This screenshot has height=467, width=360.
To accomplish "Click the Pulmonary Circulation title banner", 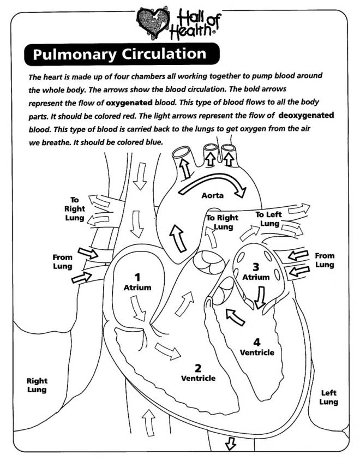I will point(121,55).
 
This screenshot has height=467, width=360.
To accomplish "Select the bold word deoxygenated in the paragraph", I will point(306,116).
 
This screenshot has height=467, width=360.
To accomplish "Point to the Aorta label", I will point(212,195).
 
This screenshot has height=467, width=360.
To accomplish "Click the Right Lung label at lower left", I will point(37,385).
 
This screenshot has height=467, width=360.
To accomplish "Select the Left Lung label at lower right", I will point(329,397).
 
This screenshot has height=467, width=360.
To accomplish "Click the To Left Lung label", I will point(269,219).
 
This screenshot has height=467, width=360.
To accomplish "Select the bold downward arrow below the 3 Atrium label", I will point(259,295).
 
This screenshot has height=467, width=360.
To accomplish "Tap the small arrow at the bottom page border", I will point(230,445).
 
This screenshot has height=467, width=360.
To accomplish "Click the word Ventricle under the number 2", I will point(198,378).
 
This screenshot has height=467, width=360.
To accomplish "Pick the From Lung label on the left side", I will point(62,261).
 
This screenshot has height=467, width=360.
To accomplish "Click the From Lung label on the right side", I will point(325,260).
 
